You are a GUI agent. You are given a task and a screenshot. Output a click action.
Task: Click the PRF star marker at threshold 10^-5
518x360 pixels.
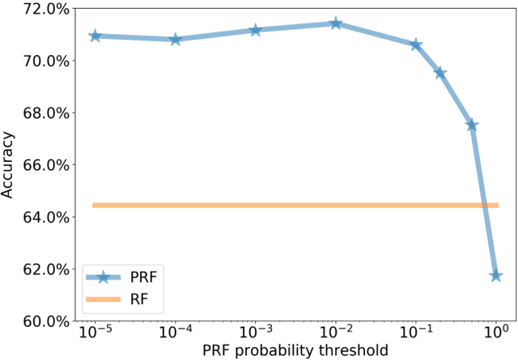[96, 36]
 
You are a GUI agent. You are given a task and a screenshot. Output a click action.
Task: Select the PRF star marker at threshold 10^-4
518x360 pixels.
[176, 39]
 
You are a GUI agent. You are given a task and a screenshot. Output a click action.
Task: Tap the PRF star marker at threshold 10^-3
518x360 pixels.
[256, 30]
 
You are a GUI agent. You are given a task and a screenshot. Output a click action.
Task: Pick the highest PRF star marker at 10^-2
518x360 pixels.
[336, 23]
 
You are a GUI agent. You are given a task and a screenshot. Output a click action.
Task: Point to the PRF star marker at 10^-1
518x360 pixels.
[416, 44]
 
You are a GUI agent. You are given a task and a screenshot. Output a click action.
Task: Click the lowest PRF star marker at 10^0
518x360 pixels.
[495, 276]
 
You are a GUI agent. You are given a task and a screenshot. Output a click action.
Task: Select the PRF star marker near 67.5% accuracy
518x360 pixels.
[472, 125]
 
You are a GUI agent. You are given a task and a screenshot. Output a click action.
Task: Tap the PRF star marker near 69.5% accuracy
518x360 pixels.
[440, 73]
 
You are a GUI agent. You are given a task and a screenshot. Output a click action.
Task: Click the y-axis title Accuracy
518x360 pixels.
[9, 165]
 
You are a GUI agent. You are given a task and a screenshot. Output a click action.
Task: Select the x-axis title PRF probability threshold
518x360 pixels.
[295, 351]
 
